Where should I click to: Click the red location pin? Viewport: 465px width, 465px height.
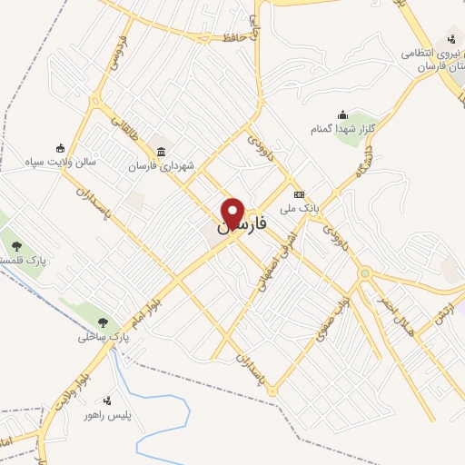click(233, 213)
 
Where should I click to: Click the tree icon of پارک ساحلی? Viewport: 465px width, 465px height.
click(104, 322)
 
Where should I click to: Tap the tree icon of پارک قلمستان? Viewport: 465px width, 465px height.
click(15, 244)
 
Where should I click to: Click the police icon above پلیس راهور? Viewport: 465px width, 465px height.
click(108, 401)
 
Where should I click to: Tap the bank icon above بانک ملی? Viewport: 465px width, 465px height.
click(297, 194)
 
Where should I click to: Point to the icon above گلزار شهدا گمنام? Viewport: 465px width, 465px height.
click(342, 114)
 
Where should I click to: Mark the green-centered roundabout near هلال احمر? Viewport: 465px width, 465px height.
click(363, 272)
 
